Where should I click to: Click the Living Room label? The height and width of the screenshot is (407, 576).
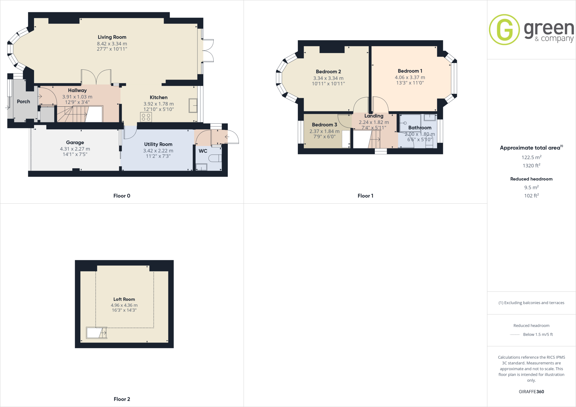(112, 37)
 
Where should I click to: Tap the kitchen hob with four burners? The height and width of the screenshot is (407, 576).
(146, 117)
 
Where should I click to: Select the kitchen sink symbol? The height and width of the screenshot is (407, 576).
(193, 105)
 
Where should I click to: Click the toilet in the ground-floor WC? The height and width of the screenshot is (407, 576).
(215, 158)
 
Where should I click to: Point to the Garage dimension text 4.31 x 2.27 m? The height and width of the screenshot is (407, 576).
(75, 149)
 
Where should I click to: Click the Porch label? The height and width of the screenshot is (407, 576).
(23, 101)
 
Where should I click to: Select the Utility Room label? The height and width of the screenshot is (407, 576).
(158, 144)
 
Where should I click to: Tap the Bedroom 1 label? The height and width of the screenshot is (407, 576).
(410, 71)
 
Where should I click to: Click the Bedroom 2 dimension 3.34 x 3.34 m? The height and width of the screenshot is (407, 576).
(328, 78)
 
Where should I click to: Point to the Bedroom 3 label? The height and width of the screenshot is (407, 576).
(324, 125)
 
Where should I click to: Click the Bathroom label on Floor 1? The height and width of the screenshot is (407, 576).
(420, 128)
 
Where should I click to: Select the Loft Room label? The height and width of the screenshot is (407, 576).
(124, 299)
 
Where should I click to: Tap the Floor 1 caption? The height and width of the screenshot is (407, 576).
(365, 196)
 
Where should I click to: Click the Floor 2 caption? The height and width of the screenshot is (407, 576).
(122, 399)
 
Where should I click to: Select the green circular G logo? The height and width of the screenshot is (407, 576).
(504, 30)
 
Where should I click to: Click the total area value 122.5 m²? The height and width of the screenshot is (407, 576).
(531, 157)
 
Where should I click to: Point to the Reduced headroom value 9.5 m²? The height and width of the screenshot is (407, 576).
(531, 187)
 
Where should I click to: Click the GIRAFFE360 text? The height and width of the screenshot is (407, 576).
(531, 392)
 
